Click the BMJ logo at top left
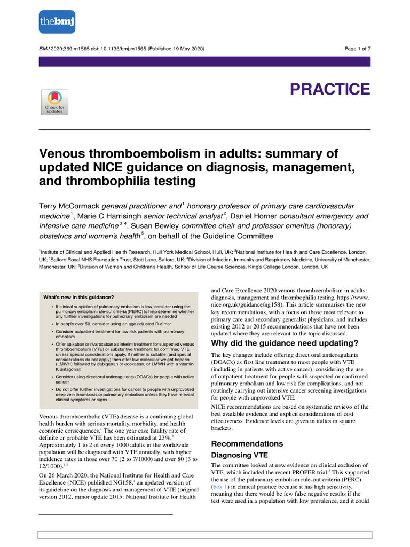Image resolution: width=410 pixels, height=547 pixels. click(x=57, y=22)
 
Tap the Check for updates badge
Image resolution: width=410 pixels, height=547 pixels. click(x=54, y=102)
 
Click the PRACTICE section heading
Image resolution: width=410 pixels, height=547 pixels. click(x=329, y=89)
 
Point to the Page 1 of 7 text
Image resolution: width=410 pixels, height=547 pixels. click(x=358, y=49)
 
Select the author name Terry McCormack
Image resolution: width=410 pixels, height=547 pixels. click(x=69, y=206)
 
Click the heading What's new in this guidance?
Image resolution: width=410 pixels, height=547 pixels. click(x=78, y=297)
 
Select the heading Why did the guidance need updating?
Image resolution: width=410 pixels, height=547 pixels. click(x=285, y=342)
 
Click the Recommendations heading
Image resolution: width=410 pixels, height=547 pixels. click(x=247, y=444)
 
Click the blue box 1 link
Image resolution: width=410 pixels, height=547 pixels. click(x=218, y=488)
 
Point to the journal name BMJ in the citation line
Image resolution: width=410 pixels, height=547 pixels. click(x=45, y=49)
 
